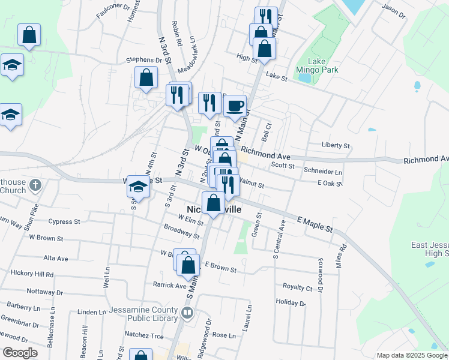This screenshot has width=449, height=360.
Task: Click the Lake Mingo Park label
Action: tap(323, 65)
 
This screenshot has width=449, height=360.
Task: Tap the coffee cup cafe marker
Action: tap(235, 106)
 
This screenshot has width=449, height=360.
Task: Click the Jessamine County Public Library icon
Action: tap(187, 313)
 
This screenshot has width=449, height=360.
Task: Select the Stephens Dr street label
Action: tap(144, 60)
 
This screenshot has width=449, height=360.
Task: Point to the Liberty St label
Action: tap(336, 145)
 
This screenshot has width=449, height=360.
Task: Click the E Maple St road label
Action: tap(315, 225)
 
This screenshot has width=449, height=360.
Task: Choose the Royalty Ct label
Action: tap(298, 287)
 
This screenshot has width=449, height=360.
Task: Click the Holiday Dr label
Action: tap(291, 302)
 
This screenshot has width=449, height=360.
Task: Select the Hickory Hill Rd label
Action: tap(32, 274)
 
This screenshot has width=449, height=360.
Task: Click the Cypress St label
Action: tap(64, 221)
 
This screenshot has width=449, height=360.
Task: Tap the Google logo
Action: tap(20, 353)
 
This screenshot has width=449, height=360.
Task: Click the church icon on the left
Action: tap(35, 185)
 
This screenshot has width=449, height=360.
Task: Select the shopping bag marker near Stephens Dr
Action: tap(146, 77)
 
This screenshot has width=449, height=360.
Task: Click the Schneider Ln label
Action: tap(323, 172)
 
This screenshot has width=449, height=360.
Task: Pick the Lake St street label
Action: tap(277, 76)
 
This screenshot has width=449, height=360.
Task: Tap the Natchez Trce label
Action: tap(143, 335)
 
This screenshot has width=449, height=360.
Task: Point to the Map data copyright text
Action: tap(412, 355)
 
